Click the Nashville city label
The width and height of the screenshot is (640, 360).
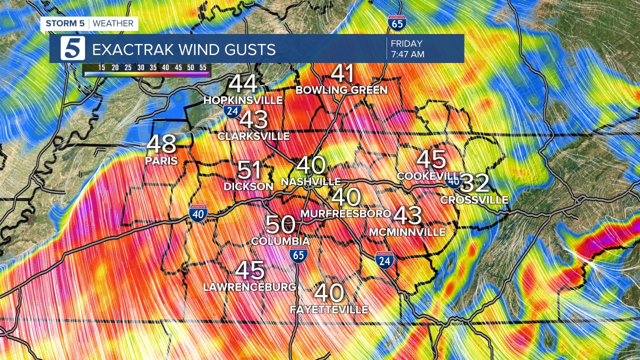[x=311, y=182]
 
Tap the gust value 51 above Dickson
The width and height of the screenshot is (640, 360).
[x=249, y=170]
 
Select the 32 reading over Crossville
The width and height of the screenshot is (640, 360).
[x=474, y=183]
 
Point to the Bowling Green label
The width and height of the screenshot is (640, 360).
[x=341, y=90]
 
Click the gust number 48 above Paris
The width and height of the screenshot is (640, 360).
[x=161, y=144]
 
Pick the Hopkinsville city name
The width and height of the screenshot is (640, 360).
[x=243, y=100]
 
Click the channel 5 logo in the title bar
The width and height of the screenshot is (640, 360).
[x=73, y=48]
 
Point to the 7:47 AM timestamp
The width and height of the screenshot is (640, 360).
[x=407, y=54]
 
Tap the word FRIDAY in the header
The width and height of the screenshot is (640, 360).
[x=407, y=43]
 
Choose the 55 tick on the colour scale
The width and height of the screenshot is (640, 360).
[x=202, y=67]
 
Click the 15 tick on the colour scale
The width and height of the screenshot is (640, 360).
[x=101, y=67]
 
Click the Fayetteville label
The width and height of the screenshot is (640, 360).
[x=329, y=310]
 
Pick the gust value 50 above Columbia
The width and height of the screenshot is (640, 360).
[x=280, y=225]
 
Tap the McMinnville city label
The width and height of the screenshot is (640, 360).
[x=406, y=232]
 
